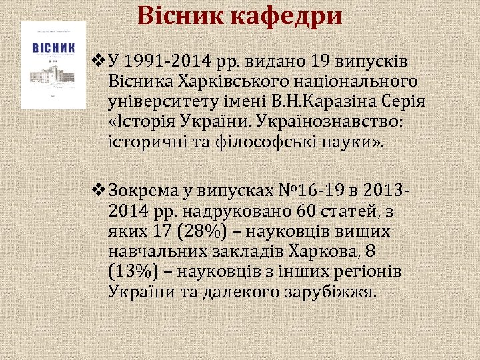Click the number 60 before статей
coord(301,211)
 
